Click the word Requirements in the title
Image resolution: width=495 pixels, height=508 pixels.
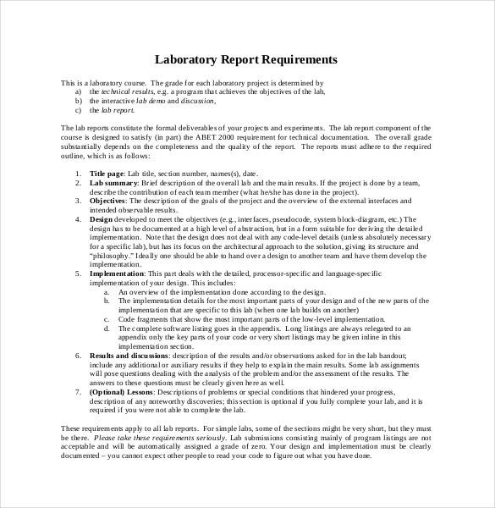[x=292, y=60]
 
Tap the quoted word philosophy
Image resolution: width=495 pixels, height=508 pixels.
[x=110, y=254]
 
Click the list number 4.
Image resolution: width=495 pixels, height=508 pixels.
[x=79, y=218]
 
